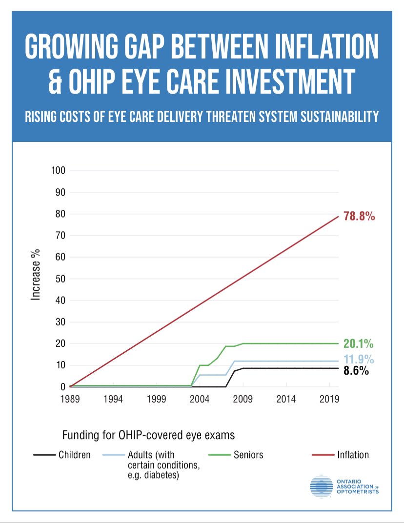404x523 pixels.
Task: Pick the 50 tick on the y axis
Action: (x=60, y=279)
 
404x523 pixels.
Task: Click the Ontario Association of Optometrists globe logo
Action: (x=321, y=486)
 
